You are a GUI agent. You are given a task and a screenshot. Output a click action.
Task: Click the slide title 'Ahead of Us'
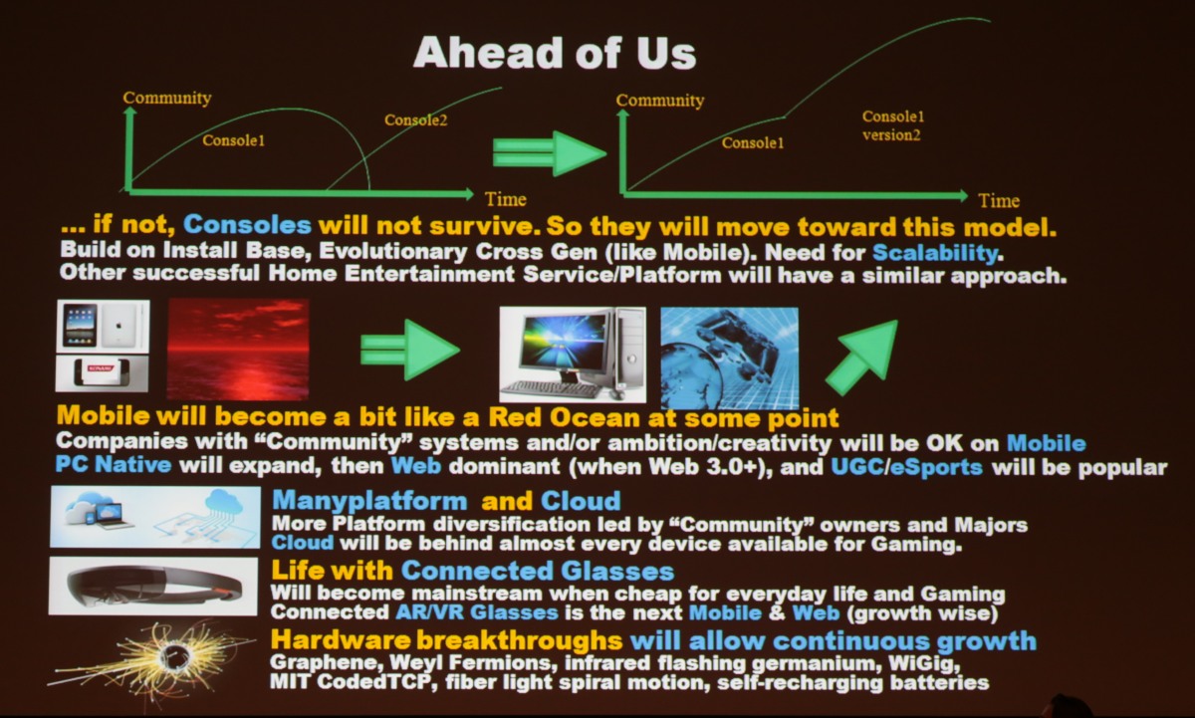pyautogui.click(x=555, y=53)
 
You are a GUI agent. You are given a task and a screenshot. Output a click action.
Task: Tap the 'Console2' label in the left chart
pyautogui.click(x=415, y=120)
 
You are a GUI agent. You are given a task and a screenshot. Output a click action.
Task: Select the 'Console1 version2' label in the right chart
pyautogui.click(x=892, y=125)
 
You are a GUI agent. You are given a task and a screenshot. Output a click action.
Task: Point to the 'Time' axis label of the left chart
pyautogui.click(x=505, y=199)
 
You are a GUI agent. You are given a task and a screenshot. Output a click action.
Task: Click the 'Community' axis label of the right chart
pyautogui.click(x=660, y=101)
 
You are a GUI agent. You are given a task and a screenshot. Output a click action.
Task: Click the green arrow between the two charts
pyautogui.click(x=550, y=153)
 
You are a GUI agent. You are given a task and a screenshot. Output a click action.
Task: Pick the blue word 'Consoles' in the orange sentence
pyautogui.click(x=247, y=225)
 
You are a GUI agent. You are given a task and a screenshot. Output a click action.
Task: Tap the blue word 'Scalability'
pyautogui.click(x=935, y=252)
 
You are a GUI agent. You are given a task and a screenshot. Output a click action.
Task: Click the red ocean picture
pyautogui.click(x=238, y=350)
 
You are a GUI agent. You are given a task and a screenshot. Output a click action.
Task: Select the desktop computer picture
pyautogui.click(x=573, y=355)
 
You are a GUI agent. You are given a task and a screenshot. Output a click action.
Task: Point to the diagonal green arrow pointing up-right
pyautogui.click(x=861, y=357)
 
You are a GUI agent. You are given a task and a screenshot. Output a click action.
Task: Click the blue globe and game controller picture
pyautogui.click(x=729, y=358)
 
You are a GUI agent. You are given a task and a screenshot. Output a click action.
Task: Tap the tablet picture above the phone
pyautogui.click(x=103, y=325)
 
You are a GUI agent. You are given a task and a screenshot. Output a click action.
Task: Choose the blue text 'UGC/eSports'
pyautogui.click(x=906, y=467)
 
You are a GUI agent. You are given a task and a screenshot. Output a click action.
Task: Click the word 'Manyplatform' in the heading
pyautogui.click(x=369, y=501)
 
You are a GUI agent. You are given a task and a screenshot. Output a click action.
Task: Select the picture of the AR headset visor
pyautogui.click(x=153, y=586)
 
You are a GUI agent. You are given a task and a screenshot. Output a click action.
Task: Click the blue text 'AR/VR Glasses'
pyautogui.click(x=476, y=612)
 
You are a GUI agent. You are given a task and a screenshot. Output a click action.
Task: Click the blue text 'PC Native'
pyautogui.click(x=114, y=465)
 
